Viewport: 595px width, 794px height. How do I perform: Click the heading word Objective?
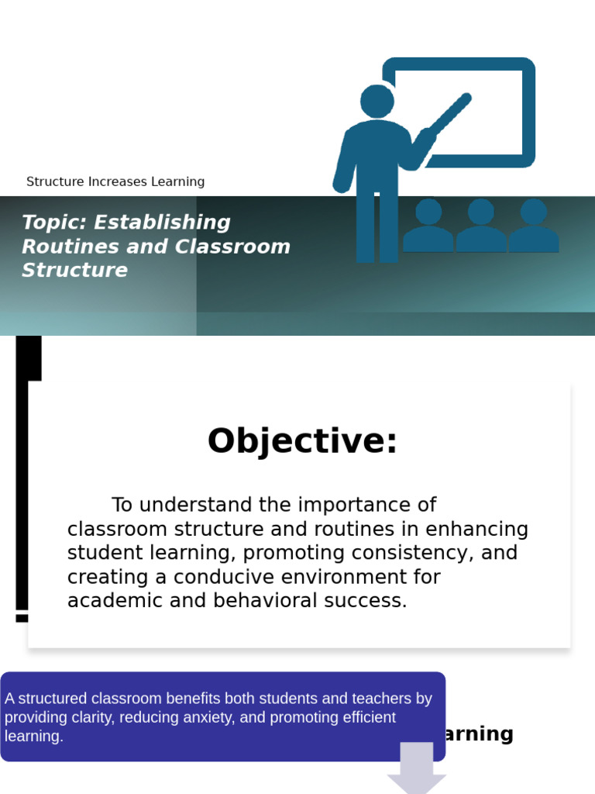[302, 441]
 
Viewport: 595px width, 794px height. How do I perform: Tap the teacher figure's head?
[377, 101]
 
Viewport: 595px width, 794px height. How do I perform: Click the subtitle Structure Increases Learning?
[115, 181]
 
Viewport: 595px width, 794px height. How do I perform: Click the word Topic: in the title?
[54, 223]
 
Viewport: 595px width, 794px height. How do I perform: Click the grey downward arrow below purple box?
[417, 767]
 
